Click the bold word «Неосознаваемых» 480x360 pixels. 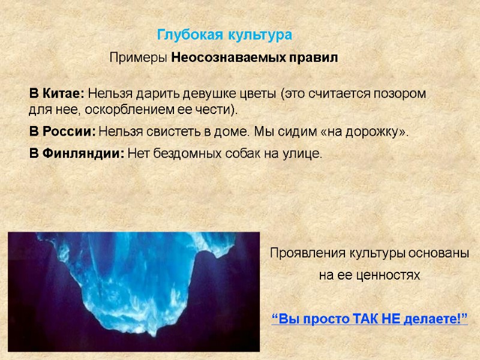pyautogui.click(x=221, y=58)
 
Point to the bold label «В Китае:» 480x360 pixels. pyautogui.click(x=58, y=95)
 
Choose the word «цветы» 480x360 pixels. pyautogui.click(x=262, y=95)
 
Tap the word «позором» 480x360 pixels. pyautogui.click(x=400, y=95)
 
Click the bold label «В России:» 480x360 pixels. pyautogui.click(x=62, y=132)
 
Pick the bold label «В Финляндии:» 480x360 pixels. pyautogui.click(x=77, y=154)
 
